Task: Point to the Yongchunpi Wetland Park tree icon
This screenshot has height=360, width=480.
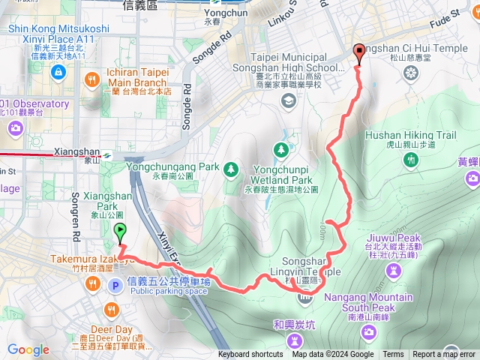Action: coord(281,149)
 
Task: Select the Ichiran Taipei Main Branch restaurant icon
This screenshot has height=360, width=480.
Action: coord(91,78)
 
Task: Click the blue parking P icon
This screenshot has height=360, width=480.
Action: coord(115,285)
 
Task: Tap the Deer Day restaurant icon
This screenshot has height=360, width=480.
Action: coord(112,309)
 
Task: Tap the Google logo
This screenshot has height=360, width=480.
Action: coord(28,349)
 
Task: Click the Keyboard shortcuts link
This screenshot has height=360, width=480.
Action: coord(250,355)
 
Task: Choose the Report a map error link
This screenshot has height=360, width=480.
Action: coord(443,355)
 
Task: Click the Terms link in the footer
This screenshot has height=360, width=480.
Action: coord(393,355)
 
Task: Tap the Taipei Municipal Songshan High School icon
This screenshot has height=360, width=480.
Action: coord(288,100)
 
